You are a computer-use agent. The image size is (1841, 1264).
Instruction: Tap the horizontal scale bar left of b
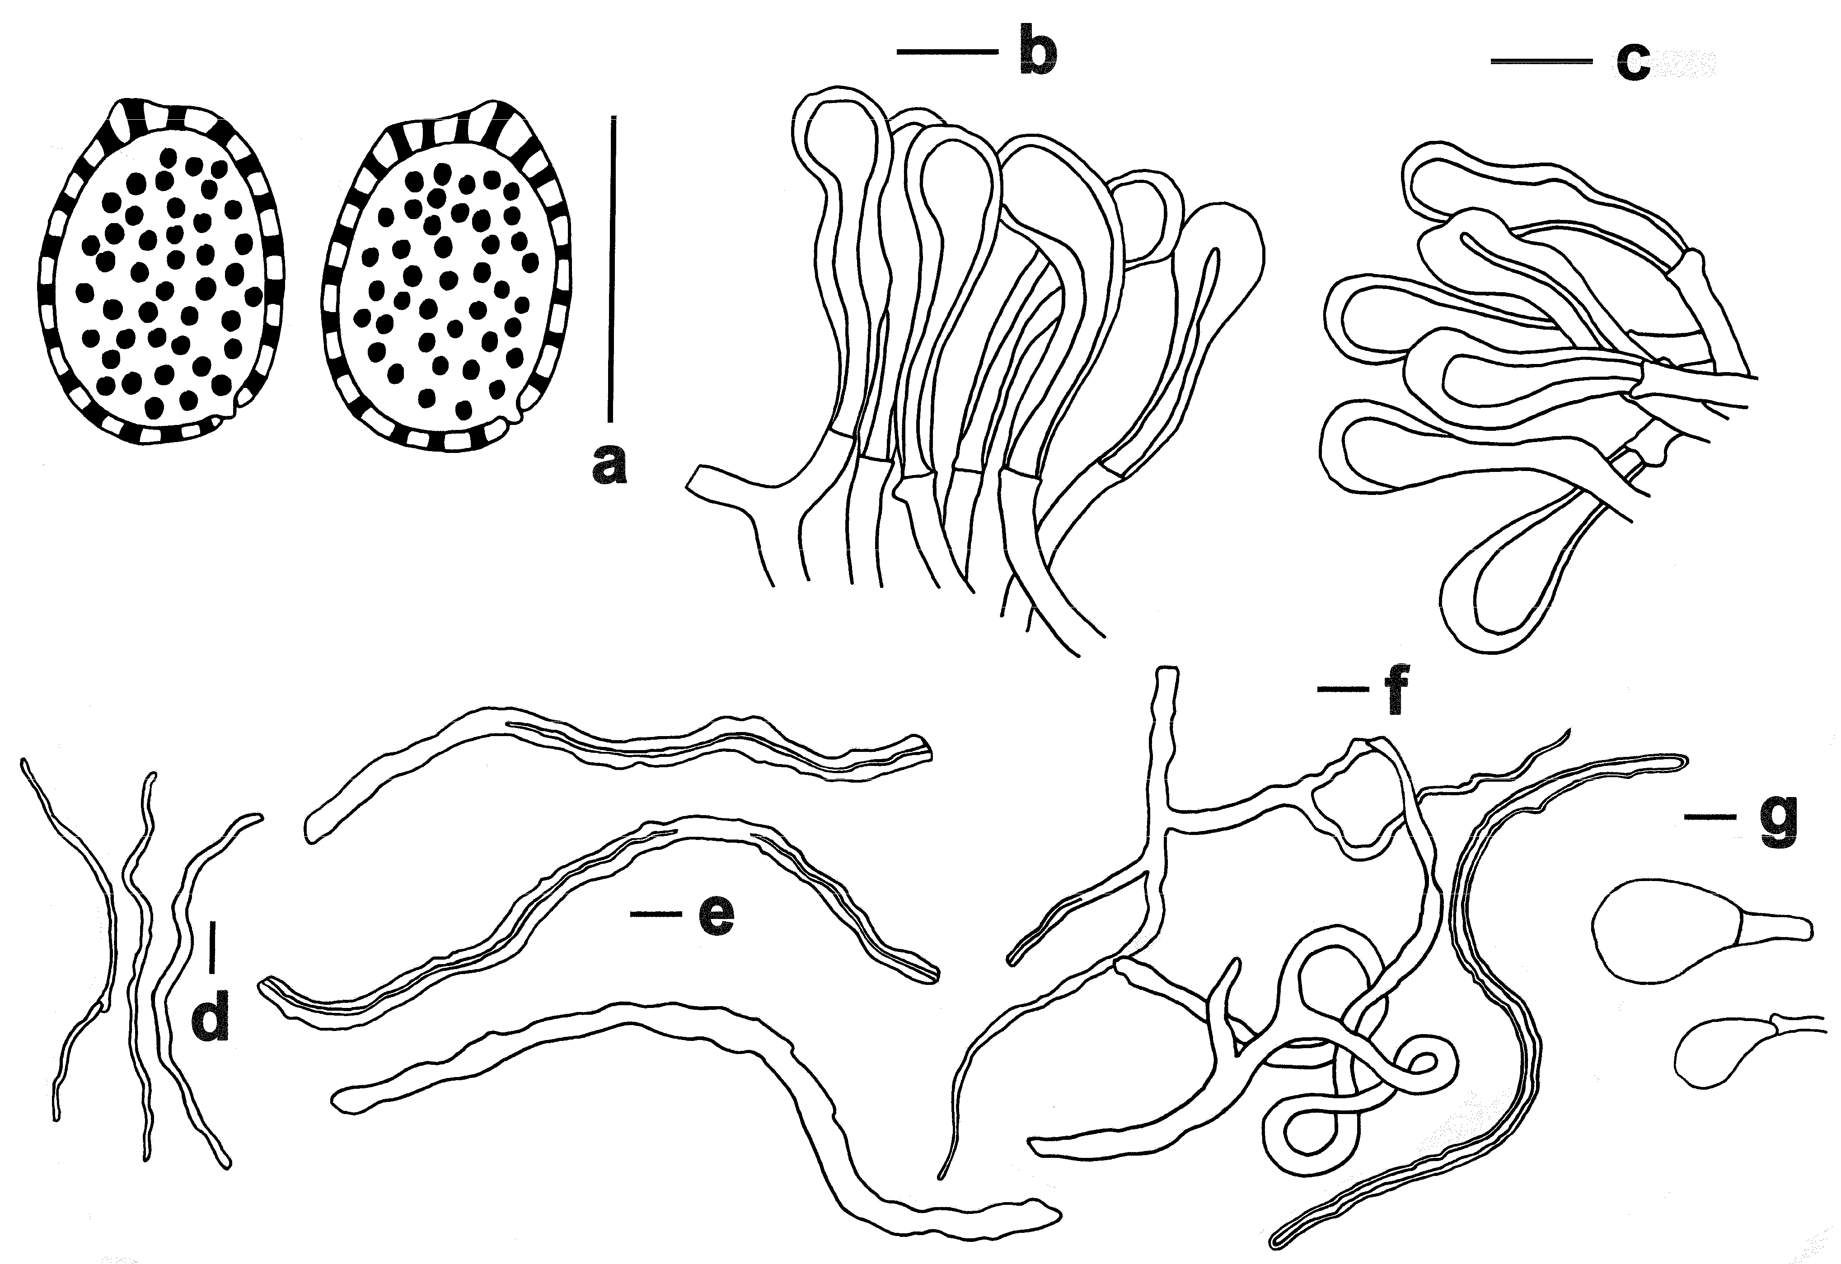(x=946, y=52)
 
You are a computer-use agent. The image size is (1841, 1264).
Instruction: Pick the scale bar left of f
(x=1343, y=690)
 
